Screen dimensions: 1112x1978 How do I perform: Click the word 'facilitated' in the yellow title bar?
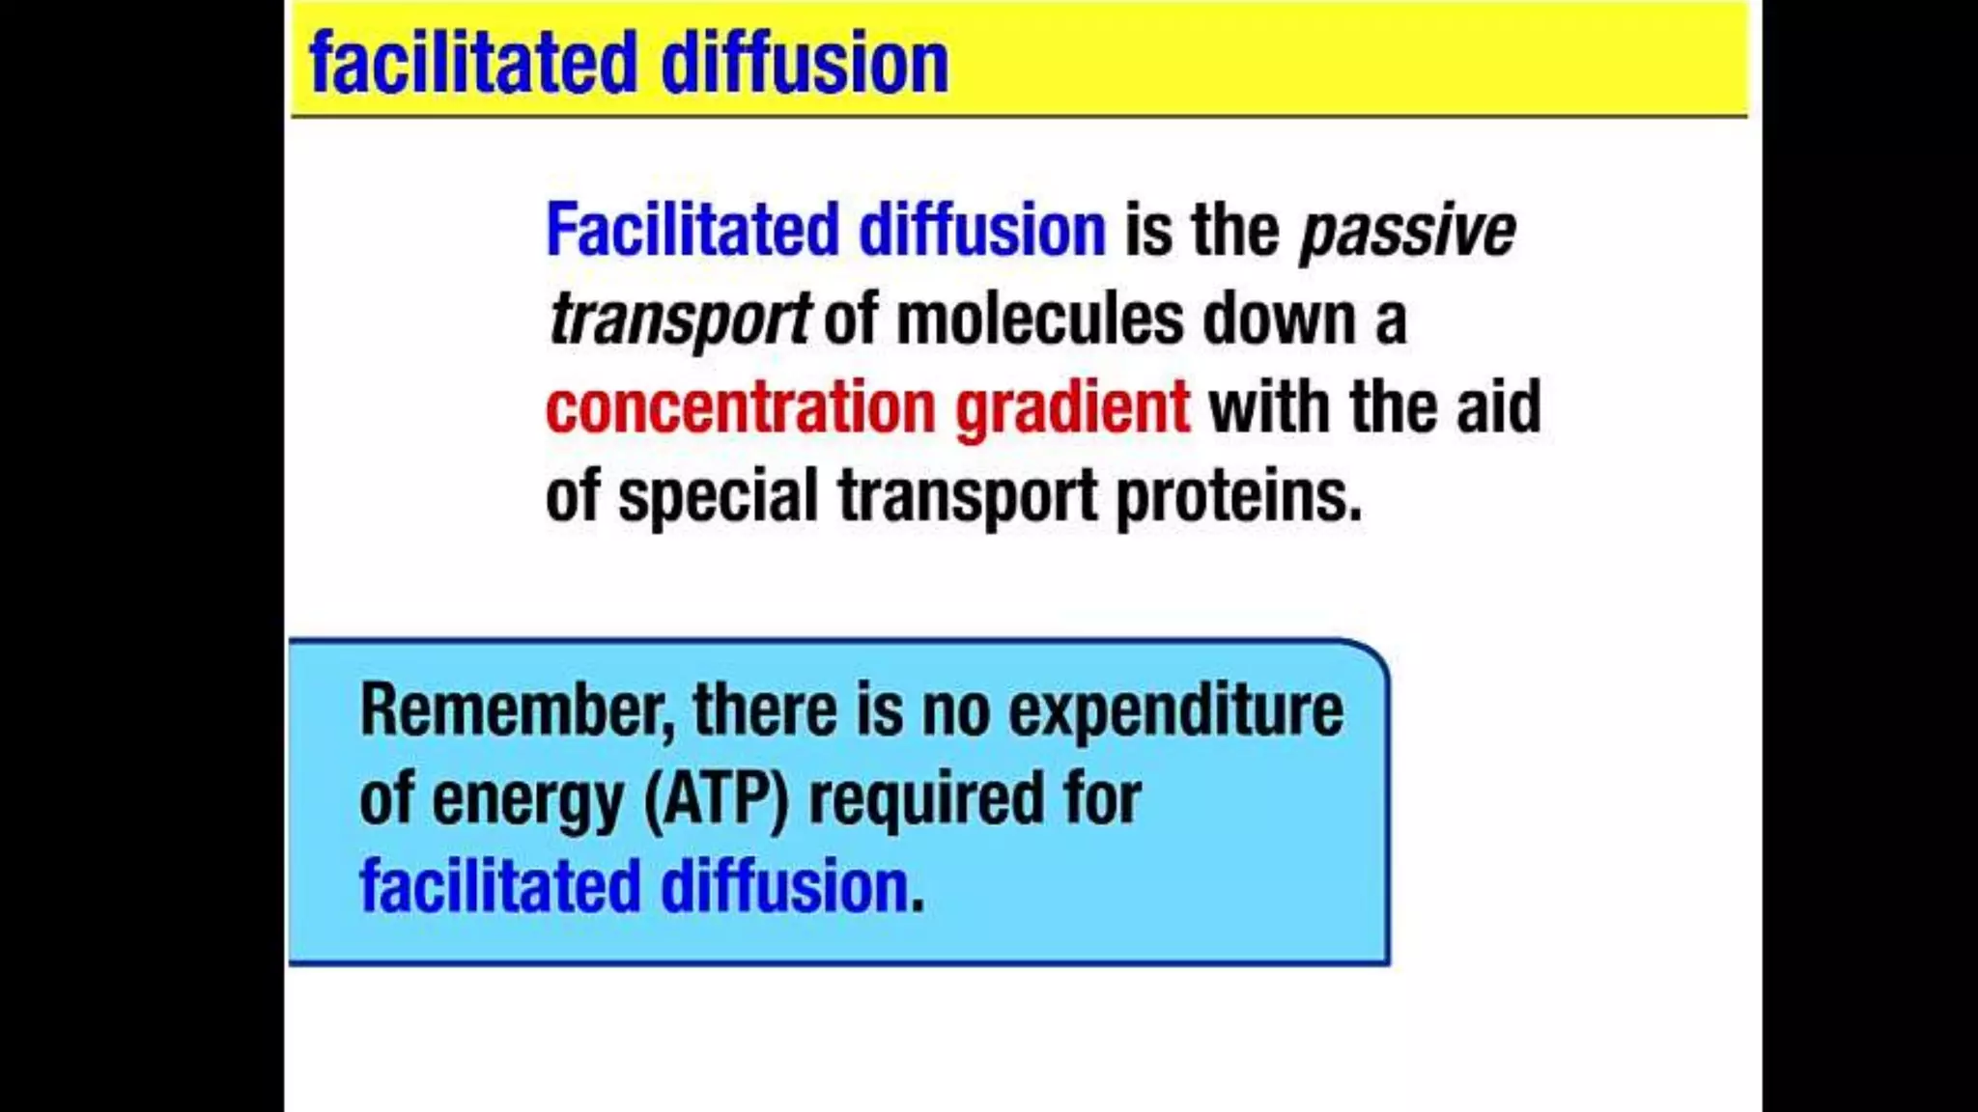click(x=473, y=64)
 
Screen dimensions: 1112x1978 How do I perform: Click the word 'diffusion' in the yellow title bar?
click(x=804, y=64)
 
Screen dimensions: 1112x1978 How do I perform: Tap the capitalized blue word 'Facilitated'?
click(x=692, y=230)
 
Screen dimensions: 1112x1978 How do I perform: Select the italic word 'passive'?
click(x=1406, y=232)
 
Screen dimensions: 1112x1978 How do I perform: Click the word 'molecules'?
click(x=1039, y=319)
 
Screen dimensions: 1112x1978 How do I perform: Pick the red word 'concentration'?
click(x=740, y=407)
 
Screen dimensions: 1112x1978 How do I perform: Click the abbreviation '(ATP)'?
click(x=716, y=799)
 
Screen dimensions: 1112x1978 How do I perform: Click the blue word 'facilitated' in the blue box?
click(x=499, y=886)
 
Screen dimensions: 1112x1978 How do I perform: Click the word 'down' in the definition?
click(x=1279, y=319)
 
